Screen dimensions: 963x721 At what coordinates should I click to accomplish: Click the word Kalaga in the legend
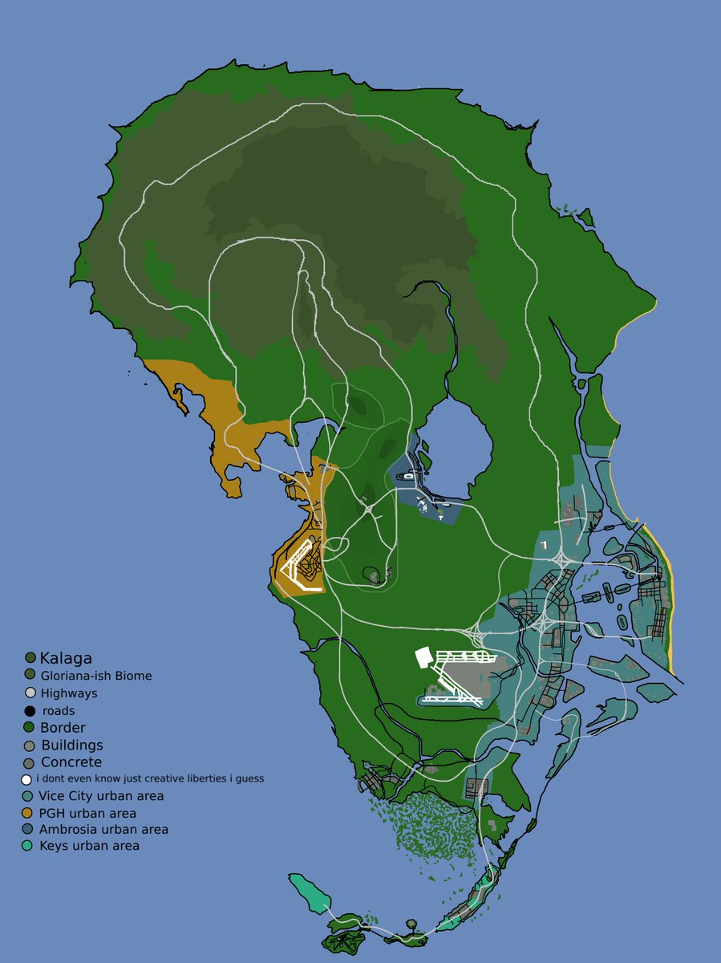coord(66,658)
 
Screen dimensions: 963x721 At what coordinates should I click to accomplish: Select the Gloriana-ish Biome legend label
coord(95,676)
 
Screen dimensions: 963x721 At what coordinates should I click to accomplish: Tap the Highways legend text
coord(68,693)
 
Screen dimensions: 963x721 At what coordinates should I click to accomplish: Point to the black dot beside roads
coord(30,711)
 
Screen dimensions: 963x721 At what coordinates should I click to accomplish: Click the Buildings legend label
coord(71,746)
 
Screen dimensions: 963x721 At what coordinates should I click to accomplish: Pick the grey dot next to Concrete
coord(30,762)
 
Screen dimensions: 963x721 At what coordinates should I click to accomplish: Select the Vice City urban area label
coord(101,796)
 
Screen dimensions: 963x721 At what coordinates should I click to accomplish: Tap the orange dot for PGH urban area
coord(30,813)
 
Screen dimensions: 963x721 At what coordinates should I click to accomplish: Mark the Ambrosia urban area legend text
coord(103,829)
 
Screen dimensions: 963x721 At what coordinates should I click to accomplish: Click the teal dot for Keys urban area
coord(30,846)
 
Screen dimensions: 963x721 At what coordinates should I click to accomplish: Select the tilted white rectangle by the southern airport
coord(423,657)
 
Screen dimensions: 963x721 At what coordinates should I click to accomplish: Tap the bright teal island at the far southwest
coord(309,892)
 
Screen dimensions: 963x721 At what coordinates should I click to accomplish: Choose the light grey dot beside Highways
coord(30,693)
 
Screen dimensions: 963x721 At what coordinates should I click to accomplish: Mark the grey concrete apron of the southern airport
coord(465,674)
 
